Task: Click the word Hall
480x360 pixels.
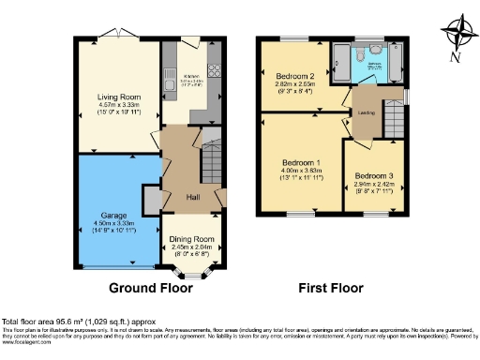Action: coord(192,197)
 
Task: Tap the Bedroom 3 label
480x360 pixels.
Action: coord(373,175)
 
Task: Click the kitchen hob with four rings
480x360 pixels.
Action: coord(213,68)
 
